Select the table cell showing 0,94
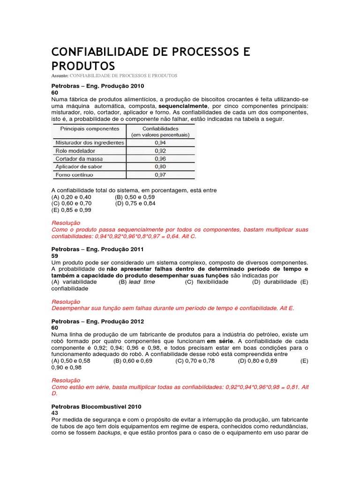pyautogui.click(x=161, y=142)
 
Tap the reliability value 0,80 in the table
pyautogui.click(x=161, y=166)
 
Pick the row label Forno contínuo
pyautogui.click(x=75, y=175)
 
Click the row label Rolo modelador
pyautogui.click(x=75, y=151)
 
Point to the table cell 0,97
pyautogui.click(x=161, y=175)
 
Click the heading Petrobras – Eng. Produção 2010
pyautogui.click(x=97, y=86)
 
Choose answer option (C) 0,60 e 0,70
pyautogui.click(x=72, y=203)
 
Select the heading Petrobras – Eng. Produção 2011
pyautogui.click(x=97, y=249)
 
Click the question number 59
pyautogui.click(x=54, y=256)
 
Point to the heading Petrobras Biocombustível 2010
pyautogui.click(x=96, y=406)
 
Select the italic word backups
pyautogui.click(x=109, y=433)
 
